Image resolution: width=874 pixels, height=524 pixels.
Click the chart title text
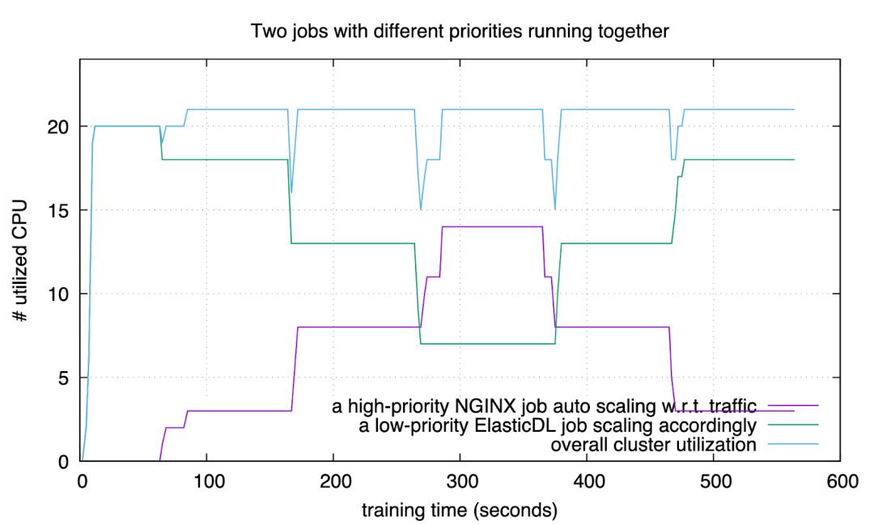tap(460, 32)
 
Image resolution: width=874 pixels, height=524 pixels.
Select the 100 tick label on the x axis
tap(207, 482)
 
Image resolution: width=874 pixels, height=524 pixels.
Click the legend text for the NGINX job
tap(549, 405)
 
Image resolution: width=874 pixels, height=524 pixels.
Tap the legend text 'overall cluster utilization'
tap(653, 444)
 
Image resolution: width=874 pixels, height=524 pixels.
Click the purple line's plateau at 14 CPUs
tap(492, 226)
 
